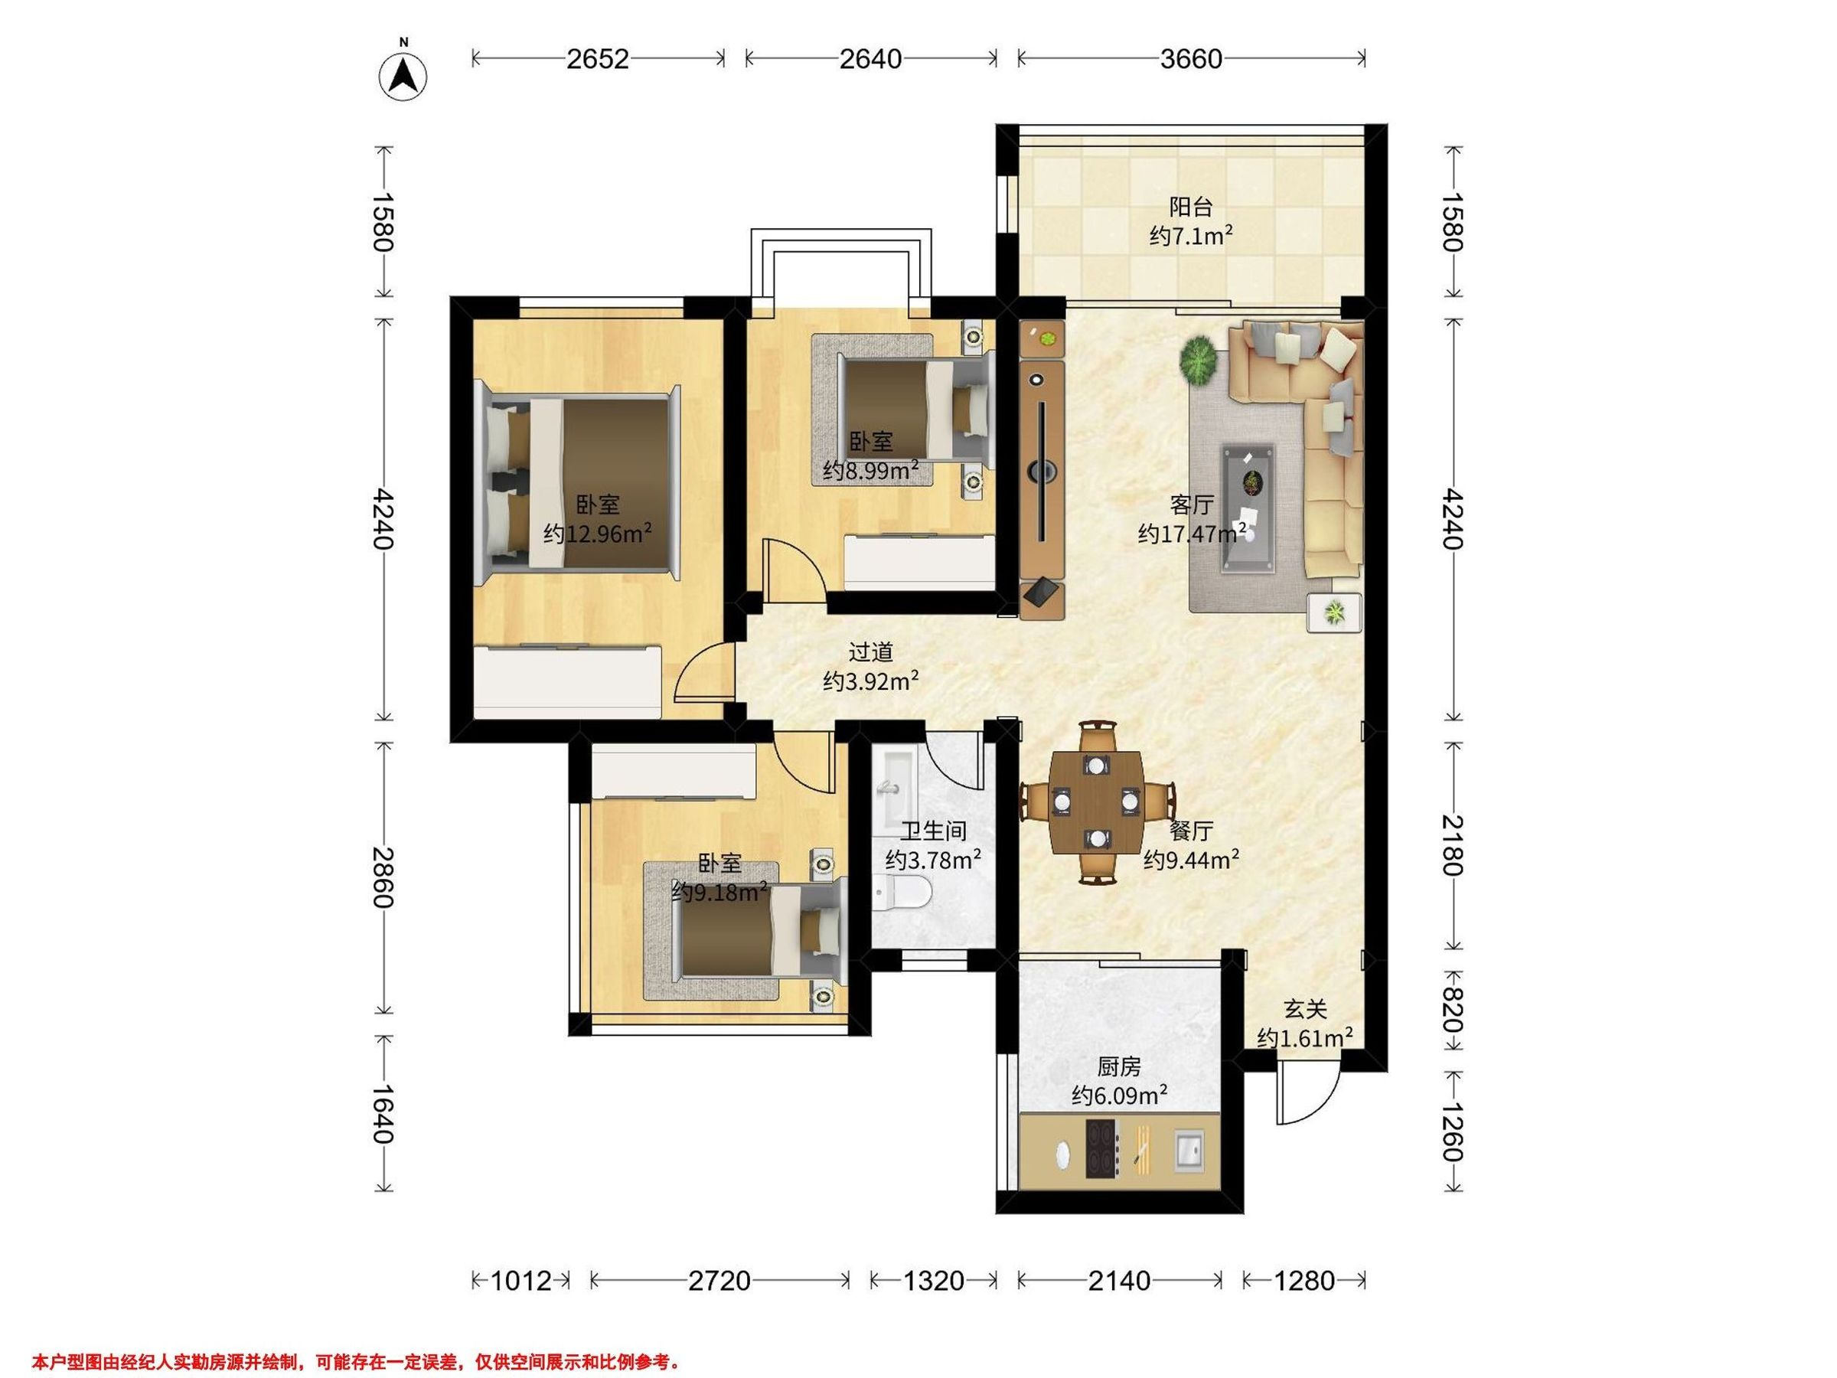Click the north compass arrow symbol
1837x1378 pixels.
click(403, 77)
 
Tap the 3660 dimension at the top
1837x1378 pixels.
click(1191, 59)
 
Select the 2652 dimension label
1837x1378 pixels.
click(597, 59)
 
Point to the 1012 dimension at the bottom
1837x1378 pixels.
click(520, 1281)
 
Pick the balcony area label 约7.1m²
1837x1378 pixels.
click(1191, 237)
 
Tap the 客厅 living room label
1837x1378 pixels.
click(1192, 505)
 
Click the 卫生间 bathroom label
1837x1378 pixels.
click(934, 830)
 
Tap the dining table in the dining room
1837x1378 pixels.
click(1096, 802)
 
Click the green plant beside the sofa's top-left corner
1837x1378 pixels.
click(1200, 361)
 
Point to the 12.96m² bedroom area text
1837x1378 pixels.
click(597, 534)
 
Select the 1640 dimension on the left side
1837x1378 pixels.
click(383, 1114)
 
